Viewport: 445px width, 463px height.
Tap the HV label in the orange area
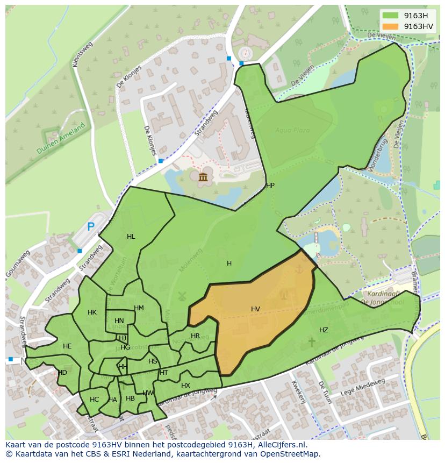tap(255, 309)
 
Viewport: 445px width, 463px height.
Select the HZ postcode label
tap(324, 330)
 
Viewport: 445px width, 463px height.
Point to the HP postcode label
tap(270, 186)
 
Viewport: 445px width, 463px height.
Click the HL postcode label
tap(131, 237)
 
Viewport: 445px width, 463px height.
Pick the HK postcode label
tap(92, 312)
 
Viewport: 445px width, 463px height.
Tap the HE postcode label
tap(67, 346)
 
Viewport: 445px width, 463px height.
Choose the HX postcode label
tap(185, 386)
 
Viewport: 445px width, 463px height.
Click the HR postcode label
tap(195, 336)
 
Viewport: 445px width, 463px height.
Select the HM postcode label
tap(139, 308)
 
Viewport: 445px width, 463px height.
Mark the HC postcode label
tap(95, 400)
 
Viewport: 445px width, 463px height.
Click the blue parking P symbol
tap(91, 227)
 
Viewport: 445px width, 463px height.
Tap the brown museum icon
tap(203, 177)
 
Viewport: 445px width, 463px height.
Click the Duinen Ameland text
tap(61, 139)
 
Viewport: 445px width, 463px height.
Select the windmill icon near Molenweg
tap(181, 296)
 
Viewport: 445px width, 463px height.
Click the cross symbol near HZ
tap(311, 341)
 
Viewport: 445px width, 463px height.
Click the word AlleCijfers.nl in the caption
tap(280, 445)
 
